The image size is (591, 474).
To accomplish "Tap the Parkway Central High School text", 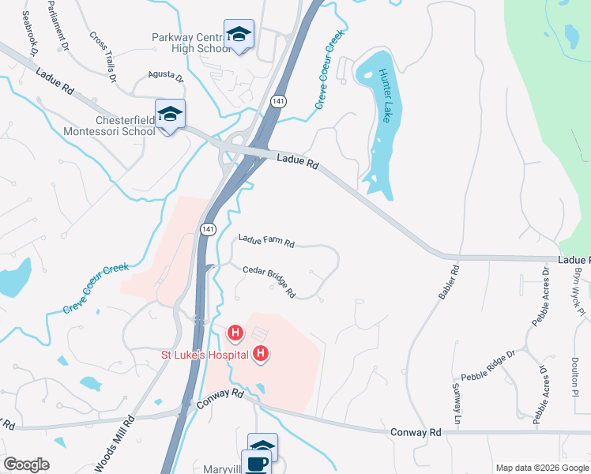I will (x=191, y=43).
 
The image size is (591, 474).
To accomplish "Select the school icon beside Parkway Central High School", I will (x=239, y=34).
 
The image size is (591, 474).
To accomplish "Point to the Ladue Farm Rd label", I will (x=266, y=241).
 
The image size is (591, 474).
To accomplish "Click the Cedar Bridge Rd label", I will (x=269, y=280).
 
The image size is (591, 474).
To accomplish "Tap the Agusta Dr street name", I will (x=165, y=77).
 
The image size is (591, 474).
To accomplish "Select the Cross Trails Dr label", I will (x=103, y=57).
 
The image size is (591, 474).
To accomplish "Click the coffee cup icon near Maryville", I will (x=257, y=464).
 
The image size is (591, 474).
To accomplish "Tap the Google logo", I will (x=27, y=465).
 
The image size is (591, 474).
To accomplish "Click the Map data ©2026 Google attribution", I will (x=541, y=468).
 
